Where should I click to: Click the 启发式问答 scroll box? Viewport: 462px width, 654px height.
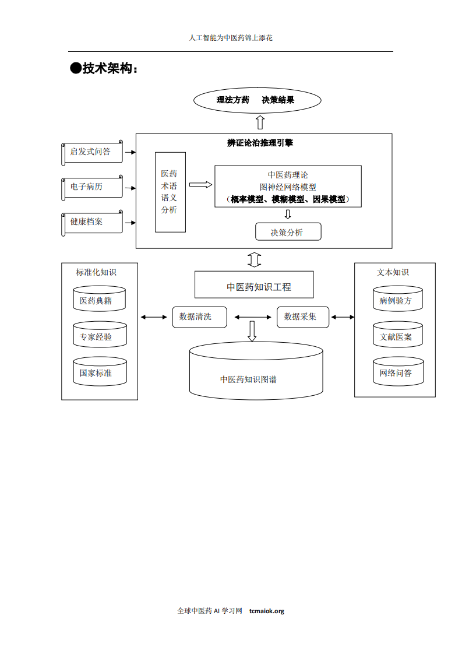point(91,152)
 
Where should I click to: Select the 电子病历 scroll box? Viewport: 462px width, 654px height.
point(91,187)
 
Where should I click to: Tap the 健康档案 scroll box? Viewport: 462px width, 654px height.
point(91,222)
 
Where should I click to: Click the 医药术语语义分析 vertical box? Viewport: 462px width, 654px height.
point(170,192)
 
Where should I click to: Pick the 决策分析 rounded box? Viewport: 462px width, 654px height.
point(288,232)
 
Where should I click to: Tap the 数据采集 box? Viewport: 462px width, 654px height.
point(302,317)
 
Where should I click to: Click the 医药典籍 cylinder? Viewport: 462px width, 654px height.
point(99,300)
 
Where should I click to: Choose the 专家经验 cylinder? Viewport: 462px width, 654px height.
point(99,336)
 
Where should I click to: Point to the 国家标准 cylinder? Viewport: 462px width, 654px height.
point(99,372)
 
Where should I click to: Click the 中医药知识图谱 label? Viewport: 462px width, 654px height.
point(248,379)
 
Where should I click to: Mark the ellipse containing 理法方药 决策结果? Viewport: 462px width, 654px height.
point(256,100)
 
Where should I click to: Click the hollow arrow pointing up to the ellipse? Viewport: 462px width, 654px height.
point(260,122)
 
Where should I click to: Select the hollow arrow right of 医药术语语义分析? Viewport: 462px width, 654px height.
point(200,185)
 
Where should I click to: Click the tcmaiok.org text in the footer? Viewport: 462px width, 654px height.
point(266,611)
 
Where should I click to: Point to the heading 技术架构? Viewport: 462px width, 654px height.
point(105,68)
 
